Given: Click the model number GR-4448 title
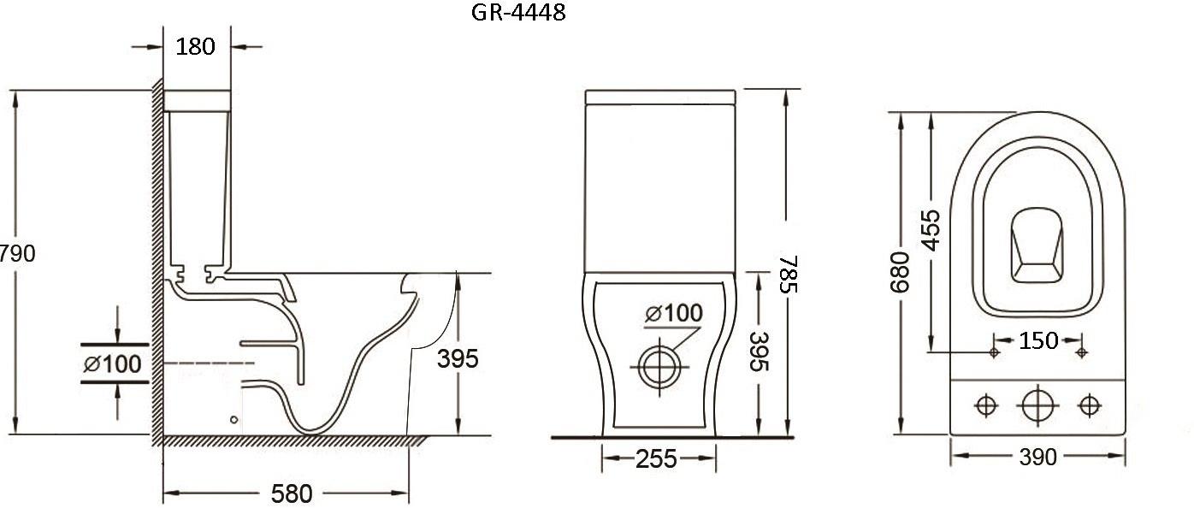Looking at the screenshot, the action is click(x=518, y=12).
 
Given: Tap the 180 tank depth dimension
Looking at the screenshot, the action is click(x=196, y=47).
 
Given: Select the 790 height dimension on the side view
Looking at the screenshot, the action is click(x=18, y=253).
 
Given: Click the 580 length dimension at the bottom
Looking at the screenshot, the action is click(x=292, y=493).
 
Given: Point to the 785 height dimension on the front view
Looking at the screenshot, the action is click(x=789, y=275).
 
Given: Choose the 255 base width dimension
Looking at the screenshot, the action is click(x=656, y=459).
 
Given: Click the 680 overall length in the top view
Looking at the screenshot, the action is click(x=900, y=273).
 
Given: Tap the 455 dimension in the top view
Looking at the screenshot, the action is click(x=931, y=230).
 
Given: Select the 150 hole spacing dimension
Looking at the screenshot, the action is click(x=1038, y=340).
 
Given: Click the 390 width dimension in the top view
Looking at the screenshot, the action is click(x=1037, y=457).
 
